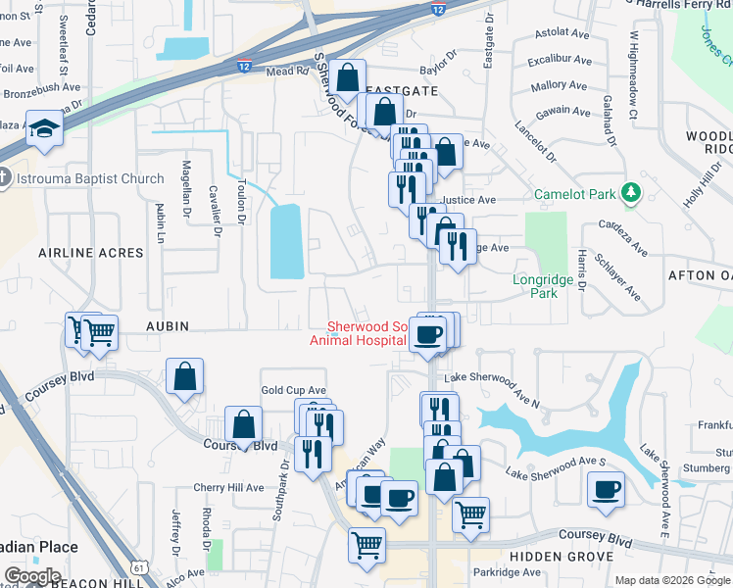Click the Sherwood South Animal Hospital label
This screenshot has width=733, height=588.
pyautogui.click(x=358, y=333)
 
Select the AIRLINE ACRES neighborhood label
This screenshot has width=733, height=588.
pyautogui.click(x=90, y=253)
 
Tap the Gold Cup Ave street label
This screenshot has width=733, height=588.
pyautogui.click(x=293, y=390)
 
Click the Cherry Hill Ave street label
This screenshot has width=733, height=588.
pyautogui.click(x=228, y=487)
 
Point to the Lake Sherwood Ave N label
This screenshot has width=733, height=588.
pyautogui.click(x=491, y=389)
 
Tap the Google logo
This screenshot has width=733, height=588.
pyautogui.click(x=32, y=576)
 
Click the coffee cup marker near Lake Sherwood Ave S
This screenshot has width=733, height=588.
pyautogui.click(x=606, y=488)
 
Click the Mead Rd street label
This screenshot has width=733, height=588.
pyautogui.click(x=287, y=71)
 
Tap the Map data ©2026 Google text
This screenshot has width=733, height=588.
pyautogui.click(x=672, y=580)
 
